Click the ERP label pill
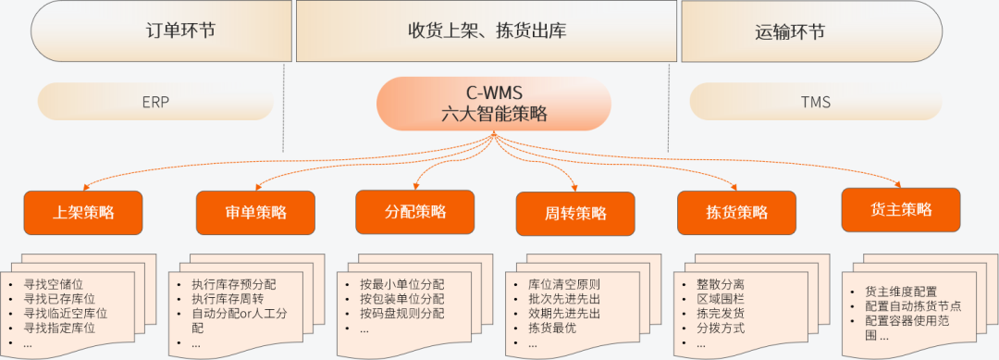[x=156, y=102]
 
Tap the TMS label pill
[x=816, y=102]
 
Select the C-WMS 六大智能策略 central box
[x=494, y=104]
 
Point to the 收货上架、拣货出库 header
[x=487, y=31]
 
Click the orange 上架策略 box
[x=83, y=213]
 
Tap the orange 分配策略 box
[x=414, y=212]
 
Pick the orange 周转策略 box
[x=575, y=214]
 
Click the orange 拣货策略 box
[x=736, y=213]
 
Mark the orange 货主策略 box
[x=900, y=209]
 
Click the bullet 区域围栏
[x=721, y=299]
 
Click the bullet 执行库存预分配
[x=233, y=284]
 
